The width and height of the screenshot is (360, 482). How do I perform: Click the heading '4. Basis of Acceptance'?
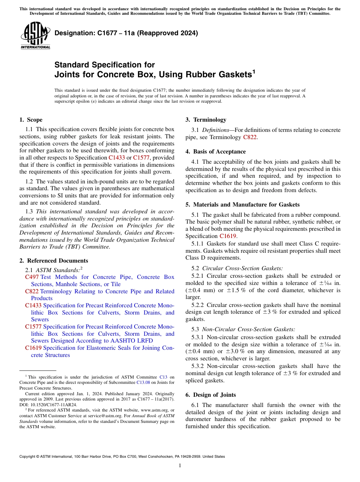[x=216, y=152]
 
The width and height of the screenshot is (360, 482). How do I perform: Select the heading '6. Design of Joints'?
[x=211, y=395]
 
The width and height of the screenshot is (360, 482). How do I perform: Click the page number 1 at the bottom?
[x=180, y=466]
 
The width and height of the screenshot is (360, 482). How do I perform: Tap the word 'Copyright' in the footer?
[x=29, y=457]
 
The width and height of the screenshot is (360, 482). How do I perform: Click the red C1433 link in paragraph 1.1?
[x=117, y=158]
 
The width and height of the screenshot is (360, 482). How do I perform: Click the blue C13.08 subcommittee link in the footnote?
[x=144, y=382]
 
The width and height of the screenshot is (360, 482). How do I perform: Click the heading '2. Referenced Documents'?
[x=54, y=261]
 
